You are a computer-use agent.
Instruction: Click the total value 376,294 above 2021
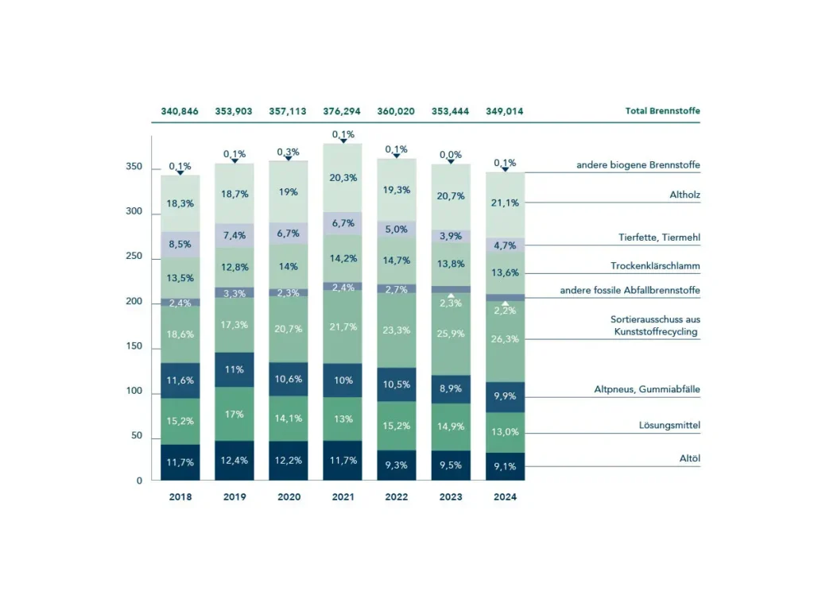[342, 111]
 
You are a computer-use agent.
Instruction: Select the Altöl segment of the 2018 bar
[180, 462]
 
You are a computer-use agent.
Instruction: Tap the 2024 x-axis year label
[505, 497]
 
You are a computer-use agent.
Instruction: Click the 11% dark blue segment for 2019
[234, 369]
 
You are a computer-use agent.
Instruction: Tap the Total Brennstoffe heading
[662, 111]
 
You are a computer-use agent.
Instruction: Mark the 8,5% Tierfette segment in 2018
[180, 245]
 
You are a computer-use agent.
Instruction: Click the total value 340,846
[180, 111]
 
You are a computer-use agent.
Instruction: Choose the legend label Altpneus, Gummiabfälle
[647, 389]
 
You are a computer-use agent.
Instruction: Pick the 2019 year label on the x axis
[234, 497]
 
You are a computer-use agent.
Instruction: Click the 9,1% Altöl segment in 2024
[505, 466]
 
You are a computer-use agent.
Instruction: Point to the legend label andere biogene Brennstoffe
[638, 165]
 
